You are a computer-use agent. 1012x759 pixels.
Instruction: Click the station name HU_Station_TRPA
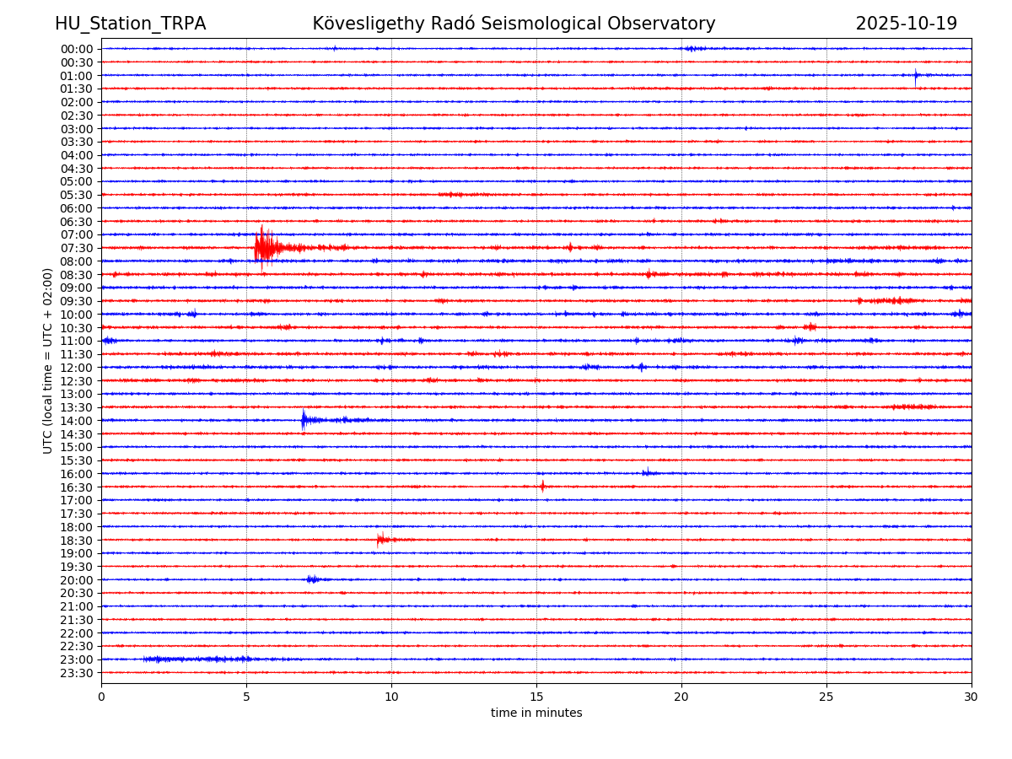point(130,24)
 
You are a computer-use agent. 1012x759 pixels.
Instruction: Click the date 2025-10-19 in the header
point(906,24)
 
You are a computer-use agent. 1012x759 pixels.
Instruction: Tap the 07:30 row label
point(77,248)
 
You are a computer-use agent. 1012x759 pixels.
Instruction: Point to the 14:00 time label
point(77,421)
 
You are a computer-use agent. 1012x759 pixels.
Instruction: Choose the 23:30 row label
point(77,673)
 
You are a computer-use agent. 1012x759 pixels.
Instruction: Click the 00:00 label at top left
point(77,49)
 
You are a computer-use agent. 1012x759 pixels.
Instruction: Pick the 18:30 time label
point(77,540)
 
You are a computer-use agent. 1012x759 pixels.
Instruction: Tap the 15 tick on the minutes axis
point(536,697)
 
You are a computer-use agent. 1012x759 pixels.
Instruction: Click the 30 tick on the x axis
point(972,697)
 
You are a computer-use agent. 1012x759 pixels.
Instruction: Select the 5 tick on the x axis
point(246,697)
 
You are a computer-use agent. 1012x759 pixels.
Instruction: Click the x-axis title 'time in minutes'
point(536,713)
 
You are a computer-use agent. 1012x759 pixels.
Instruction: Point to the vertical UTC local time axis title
point(48,360)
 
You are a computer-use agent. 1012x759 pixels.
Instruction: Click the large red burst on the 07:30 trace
point(264,247)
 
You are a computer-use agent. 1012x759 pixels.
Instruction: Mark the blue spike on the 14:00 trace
point(304,419)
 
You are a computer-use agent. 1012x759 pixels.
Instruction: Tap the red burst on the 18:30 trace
point(381,539)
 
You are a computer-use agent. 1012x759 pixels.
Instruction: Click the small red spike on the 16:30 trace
point(542,486)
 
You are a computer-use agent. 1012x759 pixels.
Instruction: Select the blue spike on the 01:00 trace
point(916,75)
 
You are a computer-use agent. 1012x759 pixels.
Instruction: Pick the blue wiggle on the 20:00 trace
point(312,579)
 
